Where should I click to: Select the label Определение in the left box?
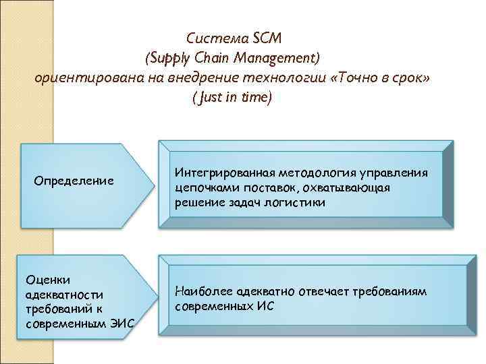74,181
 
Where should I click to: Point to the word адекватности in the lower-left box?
64,295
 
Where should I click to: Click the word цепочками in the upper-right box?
202,188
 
